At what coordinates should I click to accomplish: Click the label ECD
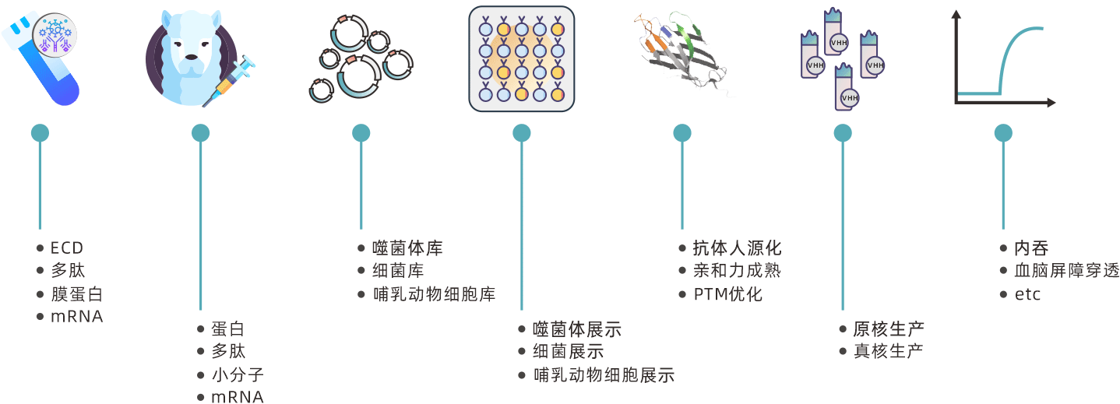coord(66,248)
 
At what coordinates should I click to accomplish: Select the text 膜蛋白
coord(76,294)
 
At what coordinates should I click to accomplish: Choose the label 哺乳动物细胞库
coord(434,294)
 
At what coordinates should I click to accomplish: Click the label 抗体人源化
coord(737,248)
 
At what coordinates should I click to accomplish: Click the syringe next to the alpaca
coord(231,81)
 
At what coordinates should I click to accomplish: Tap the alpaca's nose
coord(189,56)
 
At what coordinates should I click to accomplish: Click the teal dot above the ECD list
coord(40,133)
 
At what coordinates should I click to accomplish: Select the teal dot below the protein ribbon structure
coord(682,133)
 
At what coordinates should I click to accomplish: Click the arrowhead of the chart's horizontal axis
coord(1051,103)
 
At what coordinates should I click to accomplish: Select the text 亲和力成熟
coord(737,271)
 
